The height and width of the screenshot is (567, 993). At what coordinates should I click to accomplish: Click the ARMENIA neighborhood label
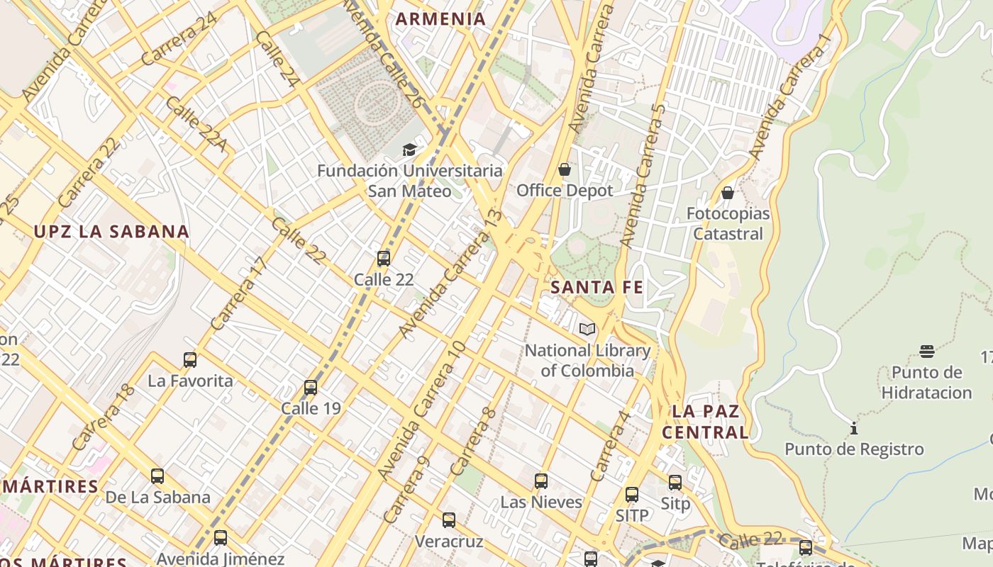point(440,19)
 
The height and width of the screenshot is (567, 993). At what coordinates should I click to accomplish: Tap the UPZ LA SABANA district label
point(111,231)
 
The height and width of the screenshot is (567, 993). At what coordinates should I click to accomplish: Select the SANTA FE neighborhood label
point(597,287)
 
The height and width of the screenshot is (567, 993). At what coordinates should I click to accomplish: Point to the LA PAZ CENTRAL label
point(705,422)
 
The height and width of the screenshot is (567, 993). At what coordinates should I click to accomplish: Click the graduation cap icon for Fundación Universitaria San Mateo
point(409,150)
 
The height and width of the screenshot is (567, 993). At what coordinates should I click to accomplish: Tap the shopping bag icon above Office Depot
point(565,169)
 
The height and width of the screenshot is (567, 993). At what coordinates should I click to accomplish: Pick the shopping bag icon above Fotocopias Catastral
point(727,192)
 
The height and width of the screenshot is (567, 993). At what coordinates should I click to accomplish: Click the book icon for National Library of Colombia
point(587,329)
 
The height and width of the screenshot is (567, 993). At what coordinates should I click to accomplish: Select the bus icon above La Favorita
point(190,359)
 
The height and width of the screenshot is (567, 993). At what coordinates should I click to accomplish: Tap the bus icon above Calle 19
point(311,387)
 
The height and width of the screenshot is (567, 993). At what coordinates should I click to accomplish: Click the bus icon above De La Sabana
point(157,476)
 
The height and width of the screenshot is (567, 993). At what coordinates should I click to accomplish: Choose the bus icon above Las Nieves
point(541,481)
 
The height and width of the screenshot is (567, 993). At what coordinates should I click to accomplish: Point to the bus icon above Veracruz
point(449,520)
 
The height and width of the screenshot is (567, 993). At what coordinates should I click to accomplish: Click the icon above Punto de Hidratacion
point(926,351)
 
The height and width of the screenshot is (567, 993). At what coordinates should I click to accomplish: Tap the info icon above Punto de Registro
point(854,428)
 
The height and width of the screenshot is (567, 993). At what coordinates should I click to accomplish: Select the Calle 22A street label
point(196,124)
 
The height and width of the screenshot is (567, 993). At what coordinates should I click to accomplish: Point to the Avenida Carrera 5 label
point(643,175)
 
